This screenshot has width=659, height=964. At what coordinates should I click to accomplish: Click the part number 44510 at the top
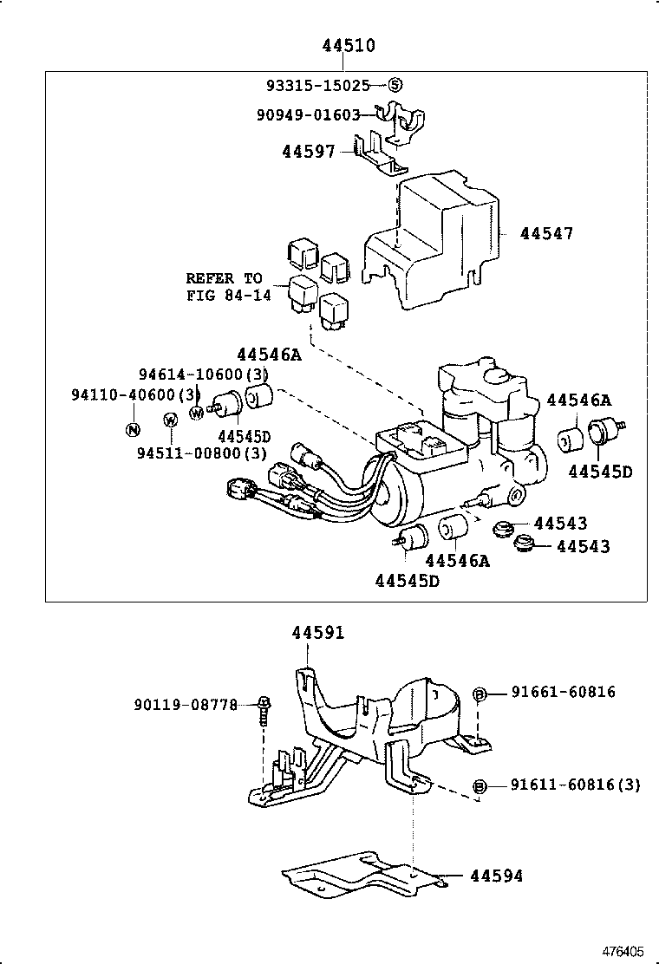(x=349, y=46)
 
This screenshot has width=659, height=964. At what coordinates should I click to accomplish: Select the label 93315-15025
(x=317, y=85)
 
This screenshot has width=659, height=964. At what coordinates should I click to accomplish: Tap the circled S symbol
(x=395, y=85)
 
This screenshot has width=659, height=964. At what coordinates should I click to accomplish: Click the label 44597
(x=308, y=152)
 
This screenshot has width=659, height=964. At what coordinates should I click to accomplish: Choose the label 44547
(x=546, y=233)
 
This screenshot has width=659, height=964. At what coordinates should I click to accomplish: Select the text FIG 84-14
(x=228, y=295)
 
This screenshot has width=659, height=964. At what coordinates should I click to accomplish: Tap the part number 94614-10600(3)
(x=204, y=374)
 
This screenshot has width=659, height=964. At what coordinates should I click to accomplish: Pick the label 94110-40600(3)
(x=136, y=394)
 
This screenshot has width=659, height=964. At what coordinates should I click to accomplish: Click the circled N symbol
(x=133, y=429)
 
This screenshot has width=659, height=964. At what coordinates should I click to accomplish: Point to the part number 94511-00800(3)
(x=201, y=453)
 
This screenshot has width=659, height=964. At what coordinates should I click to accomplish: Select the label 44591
(x=317, y=633)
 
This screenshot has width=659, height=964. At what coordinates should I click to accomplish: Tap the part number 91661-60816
(x=563, y=692)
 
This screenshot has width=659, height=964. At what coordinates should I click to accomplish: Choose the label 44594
(x=496, y=876)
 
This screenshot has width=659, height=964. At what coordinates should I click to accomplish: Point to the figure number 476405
(x=623, y=951)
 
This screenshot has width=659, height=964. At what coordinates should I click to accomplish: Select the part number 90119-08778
(x=186, y=705)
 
